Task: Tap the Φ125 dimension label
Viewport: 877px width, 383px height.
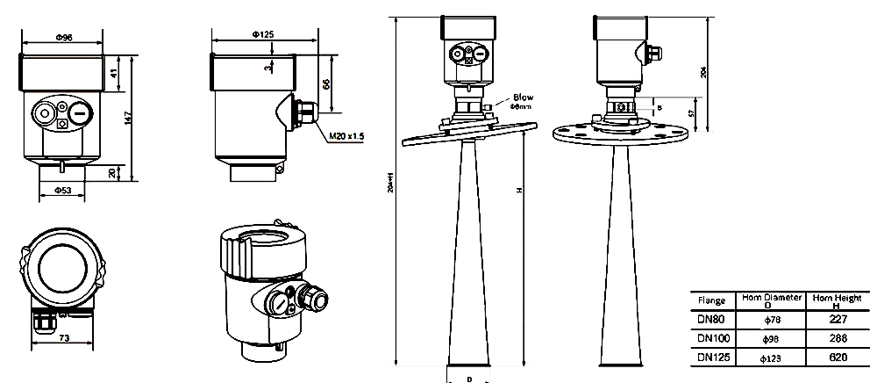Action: pos(263,33)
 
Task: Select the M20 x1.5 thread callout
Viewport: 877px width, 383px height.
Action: pos(346,137)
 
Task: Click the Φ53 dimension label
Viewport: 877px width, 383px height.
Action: pos(63,190)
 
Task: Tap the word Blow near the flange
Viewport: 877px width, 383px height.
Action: pos(523,98)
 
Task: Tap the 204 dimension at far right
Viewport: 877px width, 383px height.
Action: pos(704,72)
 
